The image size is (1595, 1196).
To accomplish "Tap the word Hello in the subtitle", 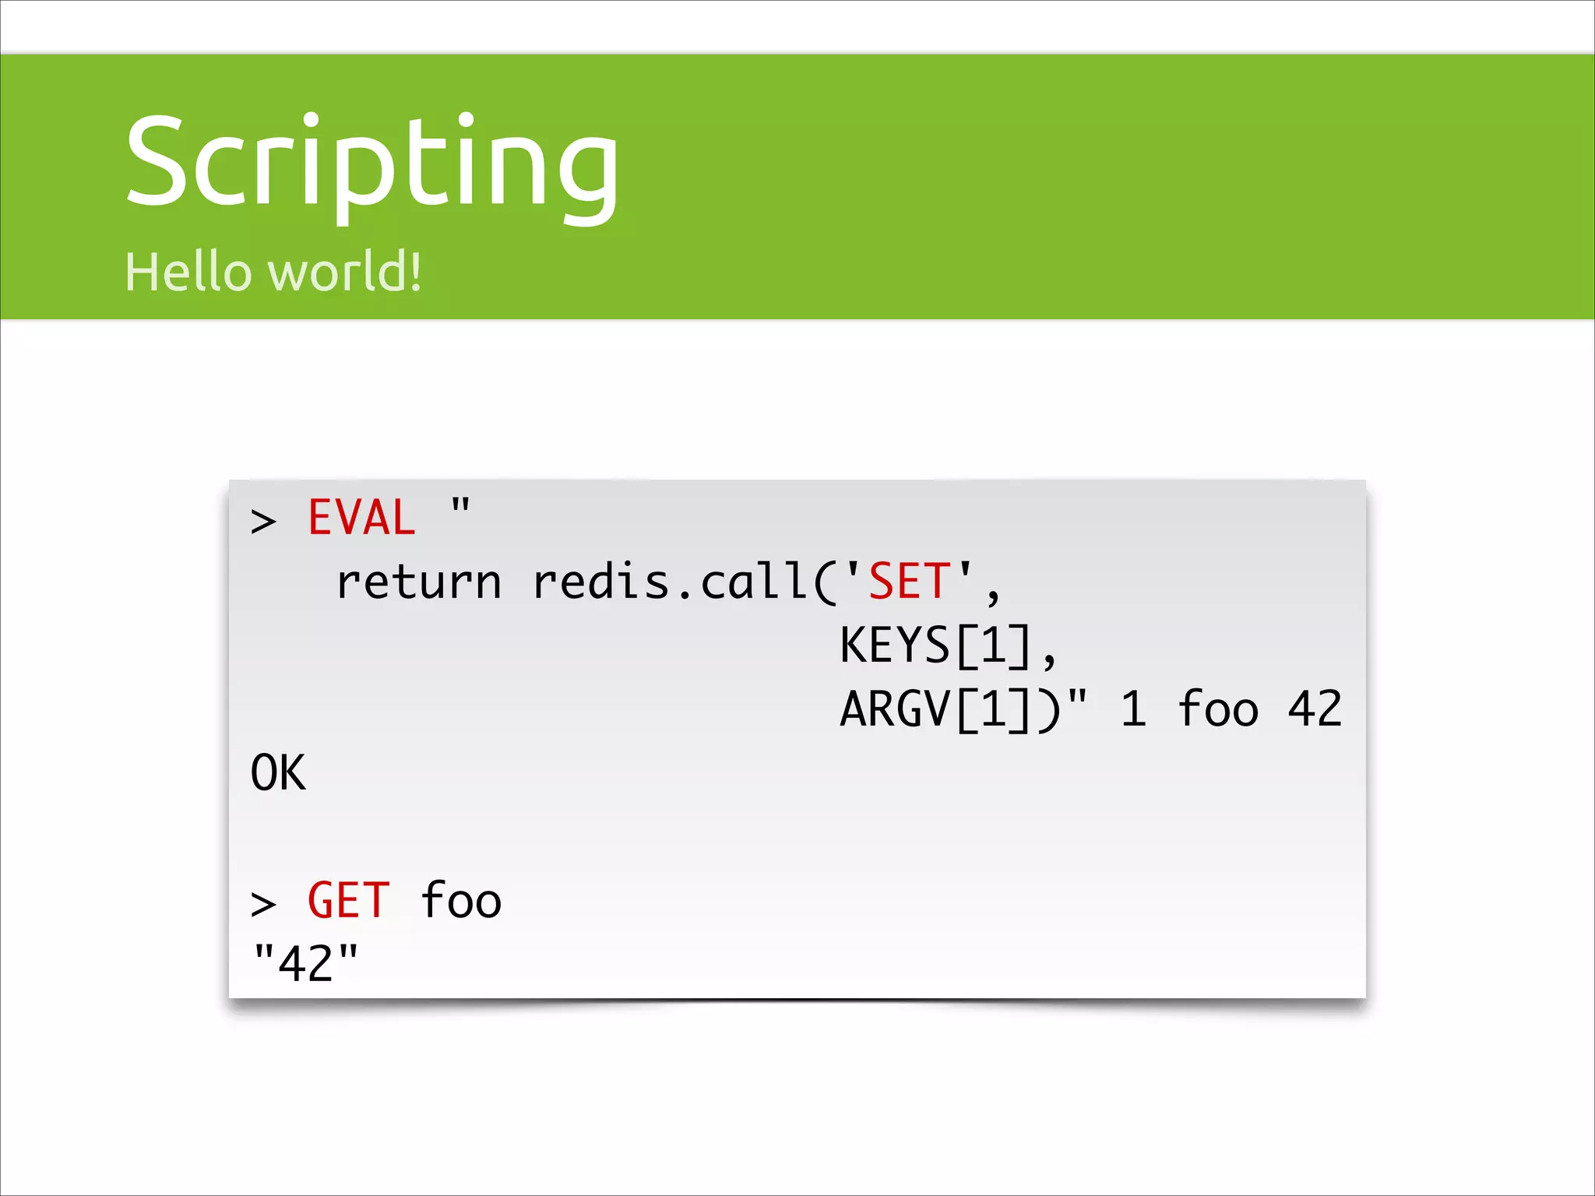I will point(188,272).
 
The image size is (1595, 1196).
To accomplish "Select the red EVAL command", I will point(361,518).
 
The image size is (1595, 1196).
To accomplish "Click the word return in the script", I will point(419,582).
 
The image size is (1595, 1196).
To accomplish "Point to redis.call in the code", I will point(670,582).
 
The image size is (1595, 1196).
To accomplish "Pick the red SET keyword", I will point(909,582).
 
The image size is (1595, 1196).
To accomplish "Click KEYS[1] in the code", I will point(935,645).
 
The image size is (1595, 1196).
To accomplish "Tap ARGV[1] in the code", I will point(935,709).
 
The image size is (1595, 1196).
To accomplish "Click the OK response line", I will point(278,773).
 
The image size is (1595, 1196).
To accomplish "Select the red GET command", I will point(348,901).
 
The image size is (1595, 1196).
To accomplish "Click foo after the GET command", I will point(461,901).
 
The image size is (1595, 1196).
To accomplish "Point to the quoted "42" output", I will point(306,964).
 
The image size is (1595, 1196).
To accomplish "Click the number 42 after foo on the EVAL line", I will point(1315,709).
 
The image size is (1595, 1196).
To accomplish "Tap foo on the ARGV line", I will point(1218,709).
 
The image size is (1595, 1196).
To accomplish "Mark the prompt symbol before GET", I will point(263,904).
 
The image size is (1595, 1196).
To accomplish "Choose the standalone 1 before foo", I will point(1134,709).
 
